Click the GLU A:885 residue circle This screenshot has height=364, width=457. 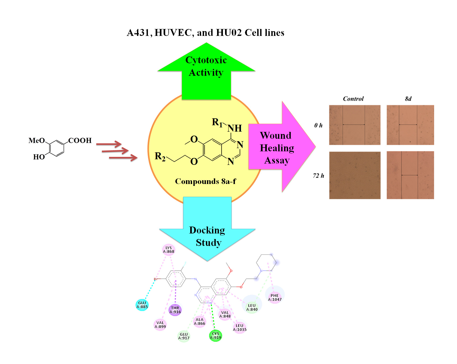[x=142, y=305]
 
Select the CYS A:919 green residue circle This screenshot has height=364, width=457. [x=215, y=336]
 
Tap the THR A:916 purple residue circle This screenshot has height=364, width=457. [x=175, y=310]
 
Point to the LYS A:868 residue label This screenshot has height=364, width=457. [x=169, y=250]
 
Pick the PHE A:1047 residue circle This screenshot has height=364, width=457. [x=275, y=298]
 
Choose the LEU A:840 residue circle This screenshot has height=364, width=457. [x=252, y=308]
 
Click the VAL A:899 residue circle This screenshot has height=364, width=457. [x=160, y=325]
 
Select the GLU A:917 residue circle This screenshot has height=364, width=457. [x=184, y=336]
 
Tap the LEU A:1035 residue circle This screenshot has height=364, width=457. [x=240, y=328]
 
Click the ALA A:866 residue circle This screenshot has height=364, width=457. [x=200, y=321]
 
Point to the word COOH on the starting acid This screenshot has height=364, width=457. [x=80, y=140]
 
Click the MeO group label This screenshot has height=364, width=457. [x=37, y=140]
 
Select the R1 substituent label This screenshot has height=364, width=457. [x=217, y=122]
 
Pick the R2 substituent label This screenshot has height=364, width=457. [x=160, y=156]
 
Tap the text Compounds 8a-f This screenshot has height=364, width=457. [x=205, y=181]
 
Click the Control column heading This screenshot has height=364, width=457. [x=353, y=99]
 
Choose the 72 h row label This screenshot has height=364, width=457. [x=318, y=176]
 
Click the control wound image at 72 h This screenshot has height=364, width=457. [x=355, y=175]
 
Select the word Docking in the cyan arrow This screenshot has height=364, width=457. [x=207, y=230]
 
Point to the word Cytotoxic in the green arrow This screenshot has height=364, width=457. [x=206, y=60]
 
